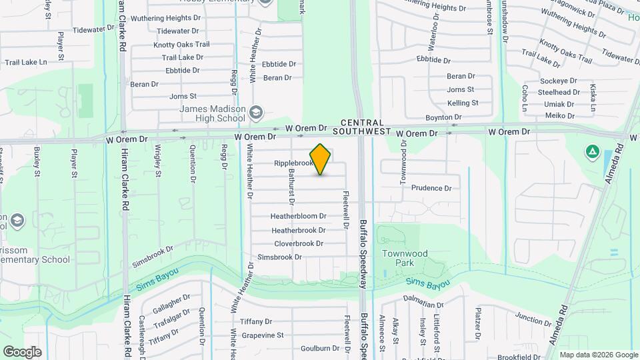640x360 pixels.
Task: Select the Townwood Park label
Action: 405,258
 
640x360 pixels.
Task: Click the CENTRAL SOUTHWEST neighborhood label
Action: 363,127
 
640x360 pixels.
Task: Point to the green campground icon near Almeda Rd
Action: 591,152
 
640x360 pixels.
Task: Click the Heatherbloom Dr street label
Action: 298,217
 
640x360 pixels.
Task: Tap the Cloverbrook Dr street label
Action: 299,243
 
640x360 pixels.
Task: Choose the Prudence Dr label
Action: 431,188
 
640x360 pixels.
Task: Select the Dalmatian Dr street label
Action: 424,304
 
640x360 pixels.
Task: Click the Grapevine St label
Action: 263,335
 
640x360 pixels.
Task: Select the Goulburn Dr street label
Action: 320,348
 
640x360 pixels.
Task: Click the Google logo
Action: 22,352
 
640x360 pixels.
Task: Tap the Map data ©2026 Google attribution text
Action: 598,355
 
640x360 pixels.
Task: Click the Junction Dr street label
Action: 533,319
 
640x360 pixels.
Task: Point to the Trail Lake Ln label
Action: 26,62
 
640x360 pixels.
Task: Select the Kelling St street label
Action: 463,103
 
